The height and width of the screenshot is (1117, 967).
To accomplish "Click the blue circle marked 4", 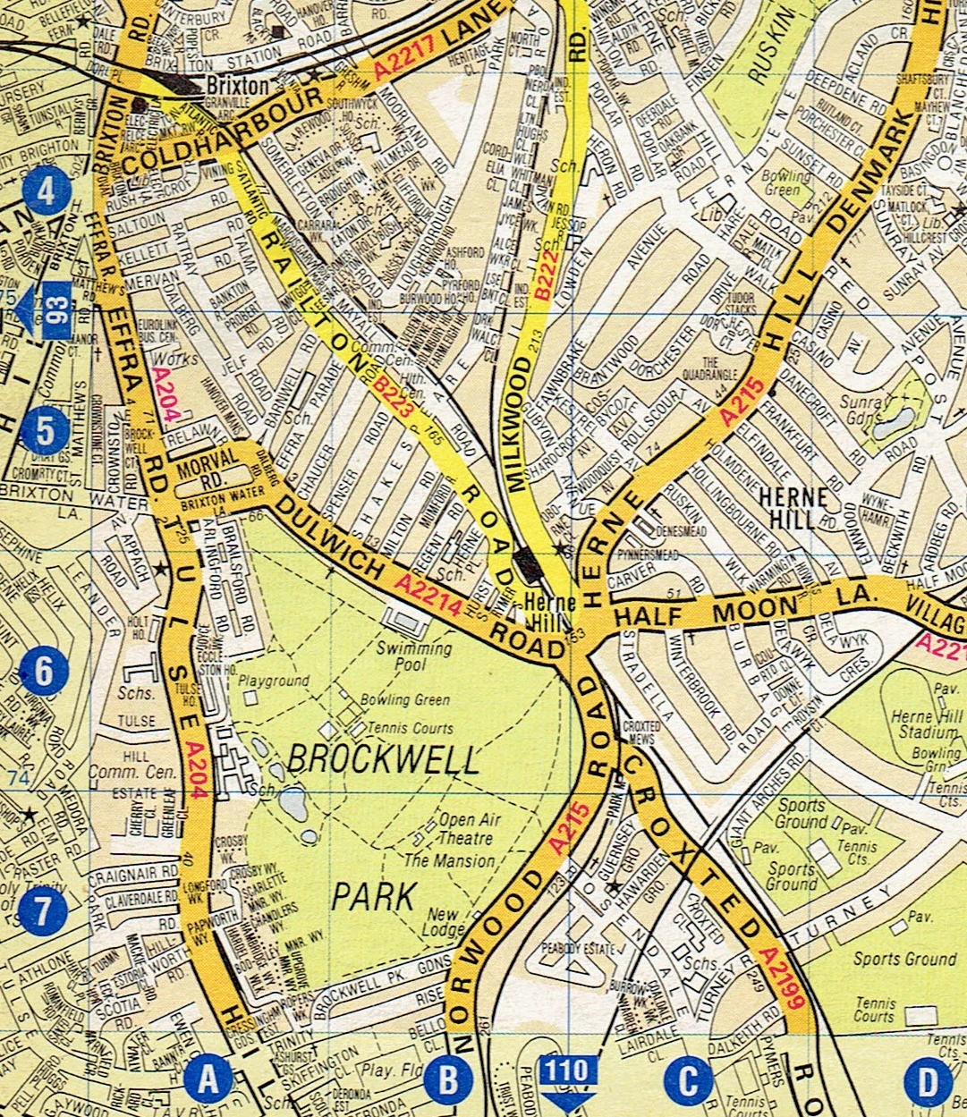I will tap(47, 191).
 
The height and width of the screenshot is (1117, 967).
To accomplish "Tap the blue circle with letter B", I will tap(447, 1080).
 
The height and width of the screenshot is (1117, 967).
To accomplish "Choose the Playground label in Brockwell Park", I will tap(274, 681).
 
